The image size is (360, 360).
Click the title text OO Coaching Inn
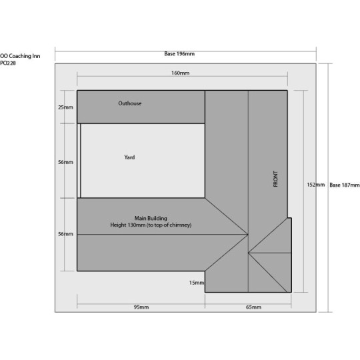pyautogui.click(x=21, y=56)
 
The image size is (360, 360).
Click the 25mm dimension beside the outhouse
pyautogui.click(x=65, y=107)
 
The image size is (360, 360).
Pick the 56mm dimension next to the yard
pyautogui.click(x=65, y=162)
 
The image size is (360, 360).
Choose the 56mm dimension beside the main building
pyautogui.click(x=65, y=234)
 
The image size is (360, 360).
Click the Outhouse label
pyautogui.click(x=130, y=103)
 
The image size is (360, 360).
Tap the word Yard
pyautogui.click(x=130, y=157)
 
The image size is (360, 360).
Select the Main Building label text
pyautogui.click(x=151, y=218)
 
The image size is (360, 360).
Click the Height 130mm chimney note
pyautogui.click(x=151, y=225)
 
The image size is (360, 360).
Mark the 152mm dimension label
pyautogui.click(x=315, y=185)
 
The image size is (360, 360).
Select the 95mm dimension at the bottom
pyautogui.click(x=140, y=307)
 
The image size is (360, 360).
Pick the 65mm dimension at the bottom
pyautogui.click(x=253, y=307)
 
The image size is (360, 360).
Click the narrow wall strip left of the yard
pyautogui.click(x=79, y=161)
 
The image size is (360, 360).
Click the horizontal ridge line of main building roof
pyautogui.click(x=160, y=234)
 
